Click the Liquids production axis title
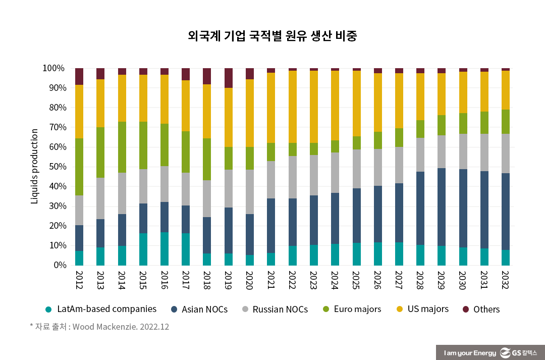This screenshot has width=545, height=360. click(x=35, y=166)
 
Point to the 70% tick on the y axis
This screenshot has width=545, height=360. click(x=54, y=127)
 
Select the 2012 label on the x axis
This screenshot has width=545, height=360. click(x=79, y=280)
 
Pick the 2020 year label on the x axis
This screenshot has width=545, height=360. click(x=249, y=280)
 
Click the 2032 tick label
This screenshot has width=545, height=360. click(x=505, y=280)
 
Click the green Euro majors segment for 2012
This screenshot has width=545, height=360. click(x=79, y=167)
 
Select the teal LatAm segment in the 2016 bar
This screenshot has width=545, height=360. click(x=165, y=248)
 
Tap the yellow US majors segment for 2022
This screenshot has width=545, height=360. click(x=292, y=107)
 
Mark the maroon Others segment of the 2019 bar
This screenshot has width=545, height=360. click(x=229, y=78)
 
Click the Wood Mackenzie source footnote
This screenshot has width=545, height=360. click(x=99, y=327)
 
